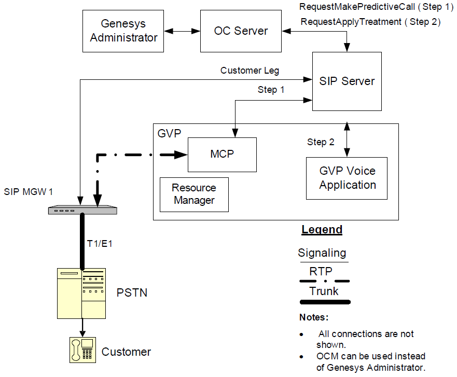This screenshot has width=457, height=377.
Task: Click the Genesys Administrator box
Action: click(x=123, y=31)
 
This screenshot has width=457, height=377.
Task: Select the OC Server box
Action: click(x=240, y=31)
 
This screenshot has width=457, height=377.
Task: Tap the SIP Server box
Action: click(x=347, y=81)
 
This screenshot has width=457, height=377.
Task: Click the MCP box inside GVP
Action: click(x=221, y=155)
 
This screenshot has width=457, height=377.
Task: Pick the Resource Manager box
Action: click(x=194, y=194)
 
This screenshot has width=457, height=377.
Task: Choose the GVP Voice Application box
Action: click(x=347, y=178)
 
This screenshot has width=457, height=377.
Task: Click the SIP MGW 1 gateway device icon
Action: click(x=82, y=210)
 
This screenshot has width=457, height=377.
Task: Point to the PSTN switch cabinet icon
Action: click(x=81, y=293)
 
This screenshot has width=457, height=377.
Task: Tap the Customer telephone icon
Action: click(x=81, y=350)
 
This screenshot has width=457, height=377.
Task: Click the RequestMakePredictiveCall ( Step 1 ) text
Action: click(x=376, y=7)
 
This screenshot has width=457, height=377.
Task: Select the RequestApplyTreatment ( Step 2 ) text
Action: click(x=370, y=22)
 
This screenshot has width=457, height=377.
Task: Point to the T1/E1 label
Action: click(x=100, y=243)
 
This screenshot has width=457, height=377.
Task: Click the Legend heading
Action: click(x=322, y=230)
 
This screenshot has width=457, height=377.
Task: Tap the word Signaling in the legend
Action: click(x=322, y=254)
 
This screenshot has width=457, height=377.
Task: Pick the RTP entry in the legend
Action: click(x=321, y=271)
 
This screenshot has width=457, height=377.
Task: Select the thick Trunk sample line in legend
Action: click(x=324, y=302)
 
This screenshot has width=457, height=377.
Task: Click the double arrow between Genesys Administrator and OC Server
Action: click(x=179, y=32)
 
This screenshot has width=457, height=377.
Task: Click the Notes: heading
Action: click(x=314, y=317)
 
